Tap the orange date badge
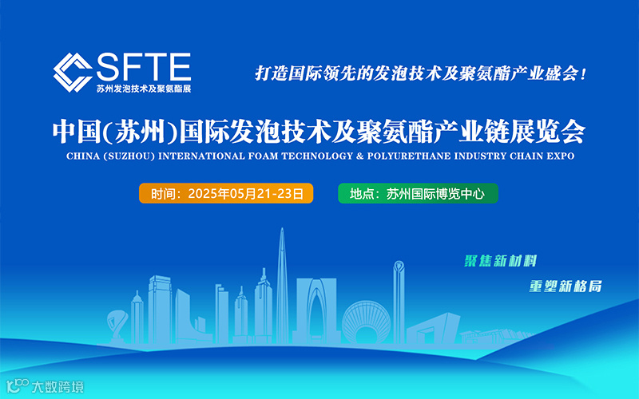pos(226,194)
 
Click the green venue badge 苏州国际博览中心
pos(419,194)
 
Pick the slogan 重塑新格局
pos(565,286)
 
